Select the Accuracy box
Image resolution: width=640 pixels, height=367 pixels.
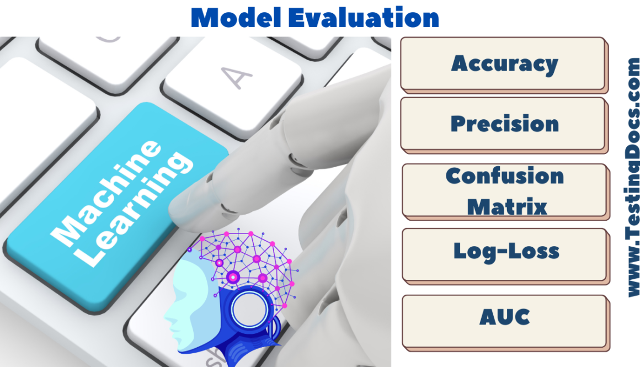(x=504, y=63)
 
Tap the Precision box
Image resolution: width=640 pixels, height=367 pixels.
(x=504, y=124)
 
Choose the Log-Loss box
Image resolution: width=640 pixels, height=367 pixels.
(x=506, y=252)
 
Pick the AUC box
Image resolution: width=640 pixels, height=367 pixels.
(x=505, y=317)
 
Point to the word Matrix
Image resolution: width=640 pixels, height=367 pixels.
(x=506, y=206)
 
